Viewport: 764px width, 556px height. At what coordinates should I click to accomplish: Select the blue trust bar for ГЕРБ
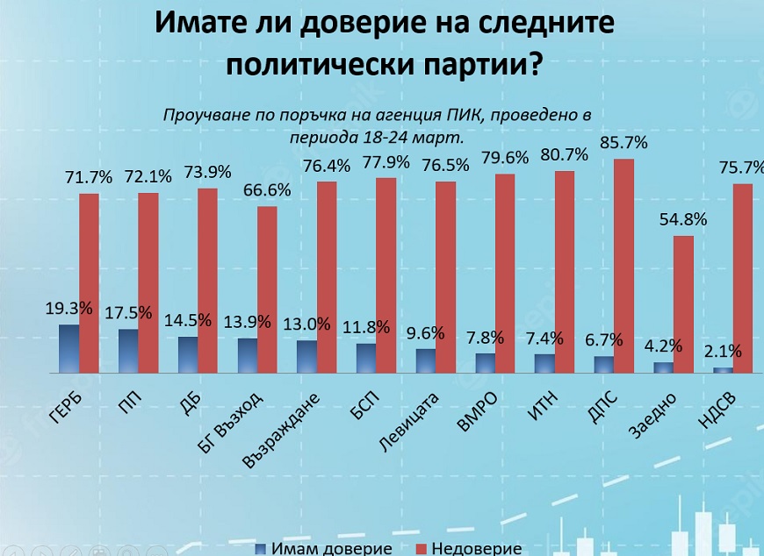point(68,349)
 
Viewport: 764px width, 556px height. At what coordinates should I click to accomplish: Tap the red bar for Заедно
point(683,304)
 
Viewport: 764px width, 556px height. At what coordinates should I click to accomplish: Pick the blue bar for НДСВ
point(722,370)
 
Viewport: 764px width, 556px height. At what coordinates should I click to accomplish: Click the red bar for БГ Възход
point(267,289)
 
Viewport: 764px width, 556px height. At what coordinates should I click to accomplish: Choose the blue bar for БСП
point(365,358)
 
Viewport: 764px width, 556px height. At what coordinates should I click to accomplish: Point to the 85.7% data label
point(623,142)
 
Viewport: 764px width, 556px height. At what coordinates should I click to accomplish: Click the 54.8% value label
point(683,220)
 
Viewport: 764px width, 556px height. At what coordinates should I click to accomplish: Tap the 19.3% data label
point(68,309)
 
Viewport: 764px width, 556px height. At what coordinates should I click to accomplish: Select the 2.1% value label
point(722,352)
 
